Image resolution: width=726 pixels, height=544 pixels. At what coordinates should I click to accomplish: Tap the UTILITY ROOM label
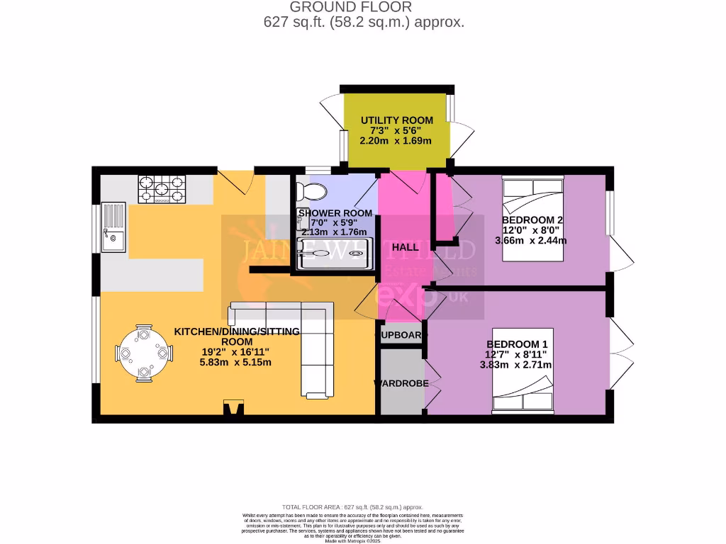[396, 120]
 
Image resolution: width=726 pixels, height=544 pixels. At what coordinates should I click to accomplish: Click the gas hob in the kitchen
[162, 189]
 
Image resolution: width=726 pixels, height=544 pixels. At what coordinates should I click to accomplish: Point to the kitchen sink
[113, 228]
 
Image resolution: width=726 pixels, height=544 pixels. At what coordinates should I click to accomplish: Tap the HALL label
[405, 247]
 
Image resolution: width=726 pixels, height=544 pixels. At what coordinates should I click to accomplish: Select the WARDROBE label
[401, 383]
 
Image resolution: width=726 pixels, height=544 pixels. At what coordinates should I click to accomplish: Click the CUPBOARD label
[402, 335]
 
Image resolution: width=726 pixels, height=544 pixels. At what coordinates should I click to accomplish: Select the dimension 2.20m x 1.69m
[396, 140]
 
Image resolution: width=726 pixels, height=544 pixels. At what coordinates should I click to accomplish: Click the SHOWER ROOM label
[335, 213]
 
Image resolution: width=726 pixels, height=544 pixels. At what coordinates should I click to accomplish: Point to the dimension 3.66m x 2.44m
[530, 240]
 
